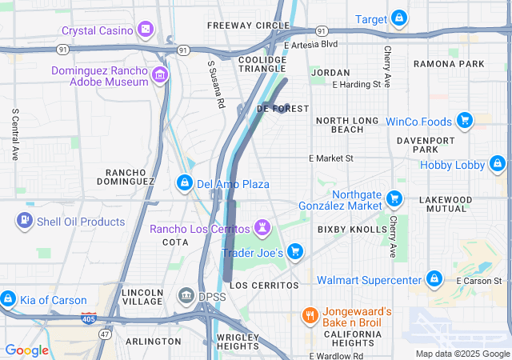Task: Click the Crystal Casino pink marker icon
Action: point(146,30)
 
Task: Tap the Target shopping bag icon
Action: point(398,18)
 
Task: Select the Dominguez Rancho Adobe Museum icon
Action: point(161,76)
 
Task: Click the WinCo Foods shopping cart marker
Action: point(464,122)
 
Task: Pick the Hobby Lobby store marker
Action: point(498,165)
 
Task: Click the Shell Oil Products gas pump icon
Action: point(26,221)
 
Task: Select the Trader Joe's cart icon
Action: point(295,252)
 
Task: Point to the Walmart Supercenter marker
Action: point(434,279)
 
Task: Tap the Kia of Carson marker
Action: point(8,300)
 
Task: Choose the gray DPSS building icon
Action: point(186,297)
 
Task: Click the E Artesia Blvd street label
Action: point(310,44)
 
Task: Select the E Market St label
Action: point(331,158)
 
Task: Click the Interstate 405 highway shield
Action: point(89,318)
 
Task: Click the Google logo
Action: point(26,350)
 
